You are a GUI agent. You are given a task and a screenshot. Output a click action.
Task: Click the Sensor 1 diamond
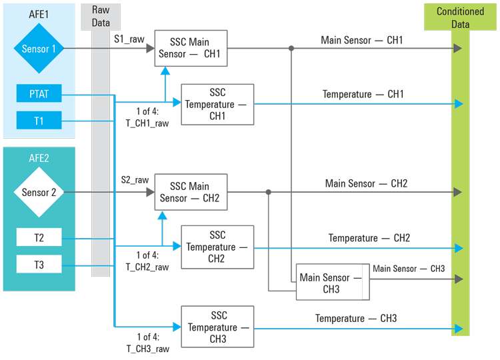39,49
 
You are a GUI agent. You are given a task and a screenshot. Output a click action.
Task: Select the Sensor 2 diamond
39,192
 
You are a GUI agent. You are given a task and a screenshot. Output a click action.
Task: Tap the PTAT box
39,94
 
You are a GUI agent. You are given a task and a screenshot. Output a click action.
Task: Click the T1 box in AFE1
39,121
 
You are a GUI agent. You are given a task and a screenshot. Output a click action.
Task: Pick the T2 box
39,237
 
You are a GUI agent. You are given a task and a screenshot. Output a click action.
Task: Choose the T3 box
39,264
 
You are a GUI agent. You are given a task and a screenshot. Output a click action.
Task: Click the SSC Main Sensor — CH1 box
191,48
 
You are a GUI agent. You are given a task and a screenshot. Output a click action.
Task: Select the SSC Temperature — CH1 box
218,104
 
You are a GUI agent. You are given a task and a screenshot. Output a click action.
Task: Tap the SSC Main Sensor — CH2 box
191,192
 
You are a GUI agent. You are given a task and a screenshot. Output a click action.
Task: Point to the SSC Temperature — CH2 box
218,247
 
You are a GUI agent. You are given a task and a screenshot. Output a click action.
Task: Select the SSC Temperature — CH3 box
218,327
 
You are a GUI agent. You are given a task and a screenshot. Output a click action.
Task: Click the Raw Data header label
101,17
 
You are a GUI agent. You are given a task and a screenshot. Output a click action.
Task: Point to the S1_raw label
128,39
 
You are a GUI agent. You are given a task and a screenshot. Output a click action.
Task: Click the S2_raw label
135,180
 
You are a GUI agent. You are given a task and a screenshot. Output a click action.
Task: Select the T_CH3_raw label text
147,348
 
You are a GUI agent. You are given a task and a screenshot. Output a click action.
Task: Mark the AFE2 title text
39,159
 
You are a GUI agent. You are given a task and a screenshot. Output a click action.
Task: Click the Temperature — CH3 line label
356,319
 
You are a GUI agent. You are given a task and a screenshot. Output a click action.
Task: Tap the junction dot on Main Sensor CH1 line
291,49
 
